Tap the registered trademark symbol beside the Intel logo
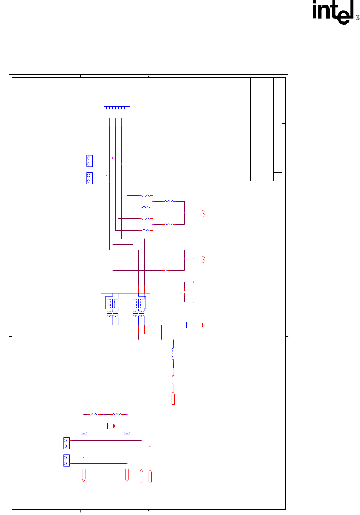(x=358, y=18)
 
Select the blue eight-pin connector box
(x=117, y=112)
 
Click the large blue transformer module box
(x=125, y=309)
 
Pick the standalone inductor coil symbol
(x=172, y=354)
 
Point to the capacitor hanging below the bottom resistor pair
(x=108, y=426)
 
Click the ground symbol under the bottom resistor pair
(x=114, y=426)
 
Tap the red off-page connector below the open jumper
(x=173, y=399)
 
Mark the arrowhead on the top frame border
(x=149, y=76)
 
